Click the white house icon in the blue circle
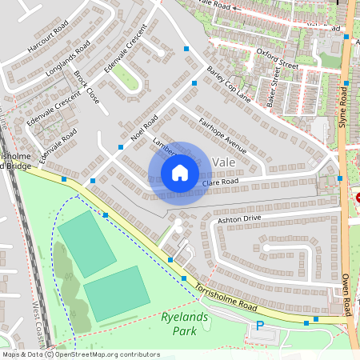[180, 172]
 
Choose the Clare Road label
[221, 183]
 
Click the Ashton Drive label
[239, 218]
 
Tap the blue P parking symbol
[259, 326]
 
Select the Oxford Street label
[278, 58]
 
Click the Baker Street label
[276, 90]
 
